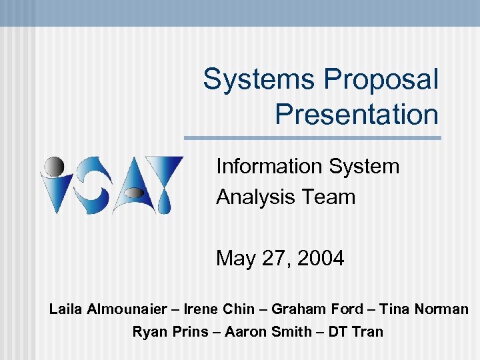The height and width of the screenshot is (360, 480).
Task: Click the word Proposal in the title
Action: point(381,79)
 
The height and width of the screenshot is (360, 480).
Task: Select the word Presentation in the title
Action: point(357,114)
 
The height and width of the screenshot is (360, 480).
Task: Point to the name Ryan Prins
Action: point(170,331)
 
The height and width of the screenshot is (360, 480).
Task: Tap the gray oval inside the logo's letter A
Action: point(134,194)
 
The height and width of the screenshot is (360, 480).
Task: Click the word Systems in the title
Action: point(259,79)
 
